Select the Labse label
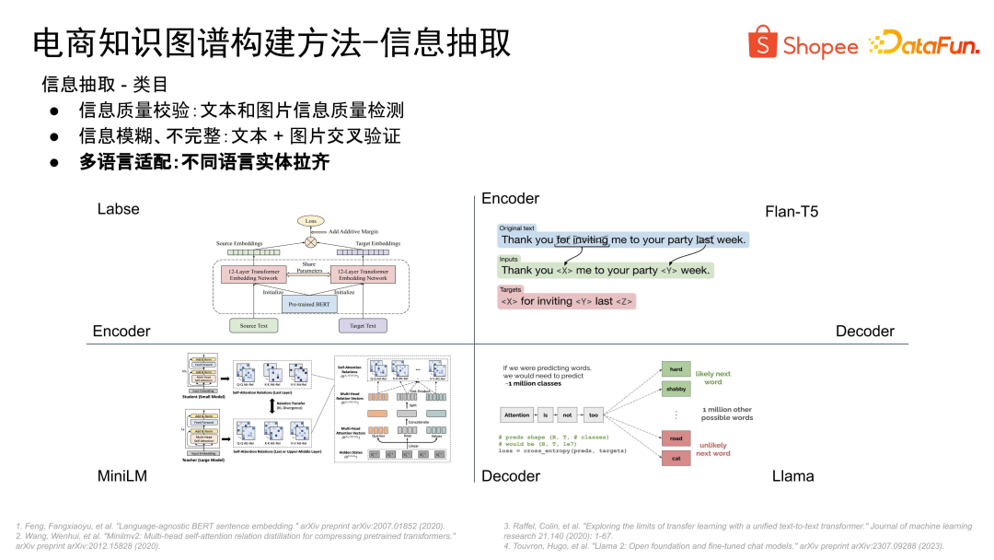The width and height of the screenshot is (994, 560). click(119, 209)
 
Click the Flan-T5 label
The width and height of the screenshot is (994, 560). click(792, 212)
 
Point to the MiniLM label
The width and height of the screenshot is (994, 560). click(122, 476)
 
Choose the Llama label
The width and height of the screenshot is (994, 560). click(792, 476)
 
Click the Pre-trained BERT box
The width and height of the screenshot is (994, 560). click(309, 303)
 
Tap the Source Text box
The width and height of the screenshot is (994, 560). click(254, 325)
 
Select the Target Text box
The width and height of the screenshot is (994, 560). click(363, 325)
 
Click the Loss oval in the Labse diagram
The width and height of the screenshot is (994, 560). click(310, 222)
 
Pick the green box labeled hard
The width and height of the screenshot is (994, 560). click(676, 369)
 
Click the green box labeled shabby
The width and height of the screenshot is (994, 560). click(676, 389)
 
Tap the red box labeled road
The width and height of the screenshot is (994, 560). click(676, 439)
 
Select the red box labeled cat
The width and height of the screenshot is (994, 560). click(676, 458)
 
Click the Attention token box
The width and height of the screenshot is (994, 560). click(517, 415)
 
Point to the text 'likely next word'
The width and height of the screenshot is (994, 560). click(713, 378)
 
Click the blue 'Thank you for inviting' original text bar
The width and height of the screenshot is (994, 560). click(622, 239)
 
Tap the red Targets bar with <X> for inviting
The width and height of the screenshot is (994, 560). click(566, 301)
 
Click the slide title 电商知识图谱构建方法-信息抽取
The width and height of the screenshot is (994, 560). click(272, 43)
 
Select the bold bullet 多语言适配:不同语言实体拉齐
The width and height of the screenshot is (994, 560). click(204, 162)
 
